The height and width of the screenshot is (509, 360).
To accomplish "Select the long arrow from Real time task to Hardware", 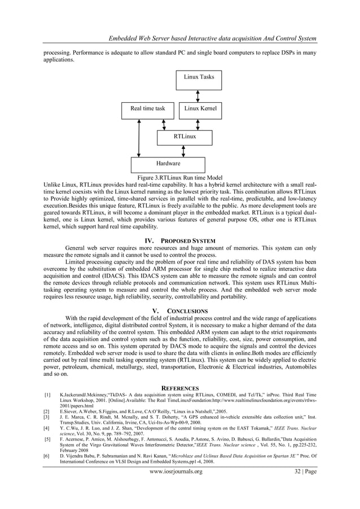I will click(x=139, y=138).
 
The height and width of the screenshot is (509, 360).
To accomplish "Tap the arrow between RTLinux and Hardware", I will click(x=184, y=151).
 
